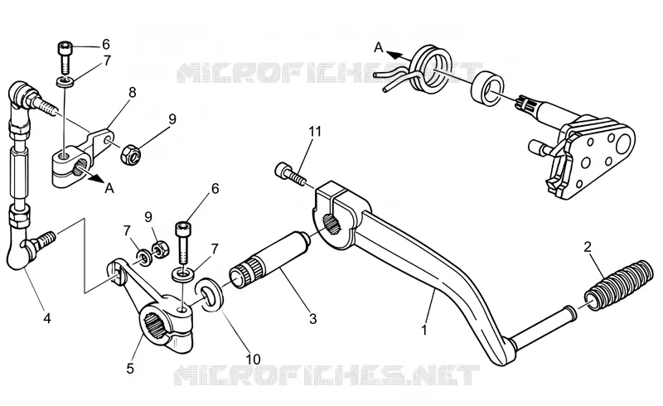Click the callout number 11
pos(315,132)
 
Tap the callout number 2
pos(588,248)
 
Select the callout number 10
pos(254,359)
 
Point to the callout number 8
pos(133,93)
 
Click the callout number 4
pos(47,318)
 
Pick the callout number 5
pos(130,368)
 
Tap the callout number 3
pos(312,318)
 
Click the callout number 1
pos(425,330)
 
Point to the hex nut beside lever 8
pos(131,155)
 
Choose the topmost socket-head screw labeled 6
pos(65,56)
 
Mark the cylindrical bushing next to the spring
pos(487,89)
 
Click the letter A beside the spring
pos(379,47)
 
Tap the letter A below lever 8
pos(109,188)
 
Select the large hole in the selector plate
pos(624,143)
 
